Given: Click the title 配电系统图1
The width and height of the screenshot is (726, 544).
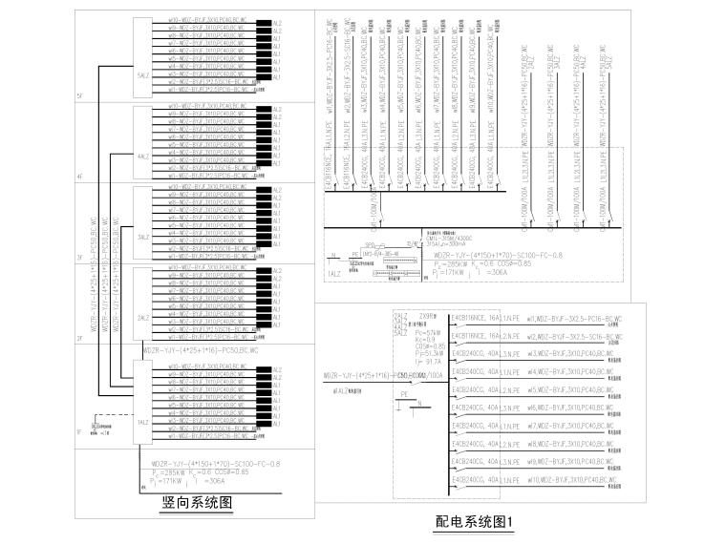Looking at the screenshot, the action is tap(475, 522).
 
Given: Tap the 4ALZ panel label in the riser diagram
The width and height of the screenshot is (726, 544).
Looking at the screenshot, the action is tap(143, 156).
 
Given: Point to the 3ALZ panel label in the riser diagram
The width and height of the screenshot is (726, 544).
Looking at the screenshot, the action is tap(143, 237).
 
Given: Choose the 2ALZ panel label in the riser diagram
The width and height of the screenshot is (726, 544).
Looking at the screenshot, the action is tap(143, 318).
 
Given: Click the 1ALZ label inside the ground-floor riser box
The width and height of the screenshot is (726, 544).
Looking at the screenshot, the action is tap(143, 422).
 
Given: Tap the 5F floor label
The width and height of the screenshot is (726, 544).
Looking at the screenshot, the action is tap(81, 96).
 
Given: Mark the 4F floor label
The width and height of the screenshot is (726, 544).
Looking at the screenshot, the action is tap(81, 178).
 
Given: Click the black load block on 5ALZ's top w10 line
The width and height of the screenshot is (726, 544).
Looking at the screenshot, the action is tap(264, 19).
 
